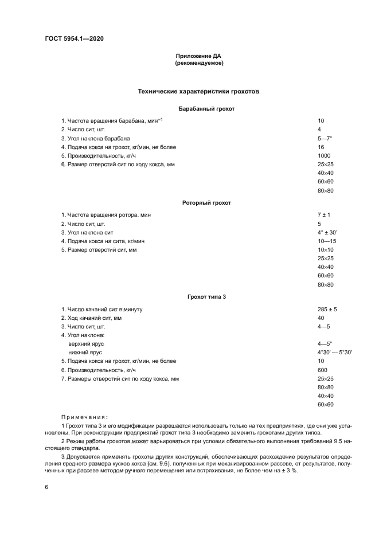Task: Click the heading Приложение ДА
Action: (198, 56)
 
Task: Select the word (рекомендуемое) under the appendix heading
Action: (198, 63)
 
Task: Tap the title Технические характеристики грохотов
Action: (198, 91)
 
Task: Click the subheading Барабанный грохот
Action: (198, 108)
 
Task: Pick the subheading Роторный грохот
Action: (198, 203)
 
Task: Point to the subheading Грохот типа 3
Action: (198, 297)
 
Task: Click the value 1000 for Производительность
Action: (324, 155)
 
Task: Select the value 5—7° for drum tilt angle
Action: (325, 138)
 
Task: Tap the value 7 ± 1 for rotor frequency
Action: (323, 215)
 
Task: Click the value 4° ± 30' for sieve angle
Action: (327, 232)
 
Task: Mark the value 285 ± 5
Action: (327, 310)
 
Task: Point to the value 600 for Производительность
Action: (322, 370)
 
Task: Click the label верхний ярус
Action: (86, 344)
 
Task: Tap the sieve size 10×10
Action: (325, 250)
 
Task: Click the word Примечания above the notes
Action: (84, 417)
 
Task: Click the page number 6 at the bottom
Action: (46, 487)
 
